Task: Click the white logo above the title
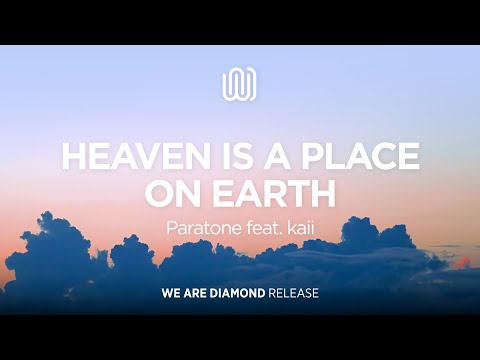pos(240,84)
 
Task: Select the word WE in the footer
pos(171,295)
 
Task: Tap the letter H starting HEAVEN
pos(73,156)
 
